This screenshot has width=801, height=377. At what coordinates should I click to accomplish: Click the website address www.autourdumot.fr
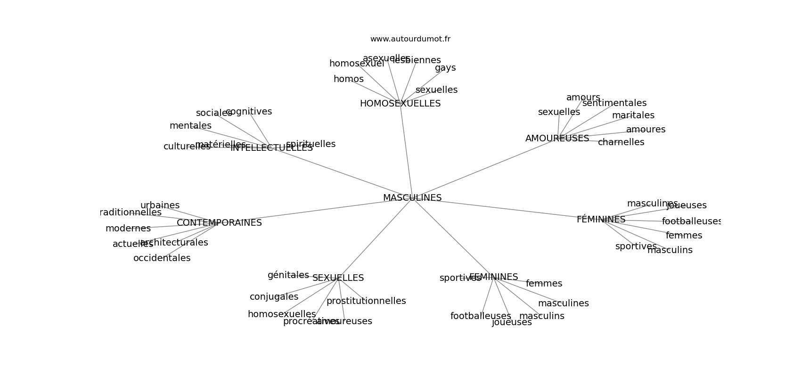pyautogui.click(x=410, y=39)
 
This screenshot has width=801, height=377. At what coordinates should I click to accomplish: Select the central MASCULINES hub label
pyautogui.click(x=412, y=198)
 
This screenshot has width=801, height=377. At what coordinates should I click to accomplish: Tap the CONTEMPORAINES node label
pyautogui.click(x=219, y=223)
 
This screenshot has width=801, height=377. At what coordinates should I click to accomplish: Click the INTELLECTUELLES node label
pyautogui.click(x=271, y=148)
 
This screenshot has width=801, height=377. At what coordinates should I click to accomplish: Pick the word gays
pyautogui.click(x=445, y=68)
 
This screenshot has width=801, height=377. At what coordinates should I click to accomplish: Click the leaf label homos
pyautogui.click(x=348, y=79)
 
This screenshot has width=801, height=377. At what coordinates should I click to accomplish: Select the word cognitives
pyautogui.click(x=249, y=112)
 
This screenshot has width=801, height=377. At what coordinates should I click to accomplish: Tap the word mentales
pyautogui.click(x=190, y=126)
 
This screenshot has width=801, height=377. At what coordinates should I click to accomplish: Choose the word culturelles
pyautogui.click(x=187, y=147)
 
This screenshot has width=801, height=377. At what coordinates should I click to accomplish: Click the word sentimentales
pyautogui.click(x=614, y=103)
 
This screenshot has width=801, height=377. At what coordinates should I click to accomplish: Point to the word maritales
pyautogui.click(x=633, y=115)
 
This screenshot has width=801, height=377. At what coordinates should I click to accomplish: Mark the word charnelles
pyautogui.click(x=621, y=142)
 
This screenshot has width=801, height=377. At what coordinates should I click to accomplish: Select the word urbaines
pyautogui.click(x=160, y=205)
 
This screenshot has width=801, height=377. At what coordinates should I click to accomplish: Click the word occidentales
pyautogui.click(x=162, y=258)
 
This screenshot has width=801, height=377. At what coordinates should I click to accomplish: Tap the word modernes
pyautogui.click(x=128, y=229)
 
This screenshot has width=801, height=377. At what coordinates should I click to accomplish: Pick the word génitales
pyautogui.click(x=288, y=275)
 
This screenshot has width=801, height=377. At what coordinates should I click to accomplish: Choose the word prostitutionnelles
pyautogui.click(x=366, y=301)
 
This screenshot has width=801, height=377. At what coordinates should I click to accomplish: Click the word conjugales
pyautogui.click(x=274, y=297)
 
